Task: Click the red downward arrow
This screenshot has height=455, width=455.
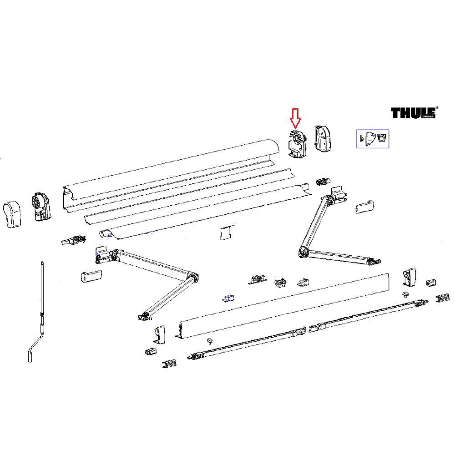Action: [x=296, y=118]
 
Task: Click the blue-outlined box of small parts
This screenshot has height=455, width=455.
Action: [x=372, y=139]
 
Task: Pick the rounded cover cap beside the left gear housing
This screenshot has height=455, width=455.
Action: [x=14, y=214]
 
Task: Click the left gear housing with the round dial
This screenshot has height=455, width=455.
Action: [x=40, y=207]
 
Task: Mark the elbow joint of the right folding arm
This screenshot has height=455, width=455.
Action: [x=304, y=251]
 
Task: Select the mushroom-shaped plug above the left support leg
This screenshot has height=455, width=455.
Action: [x=210, y=340]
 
